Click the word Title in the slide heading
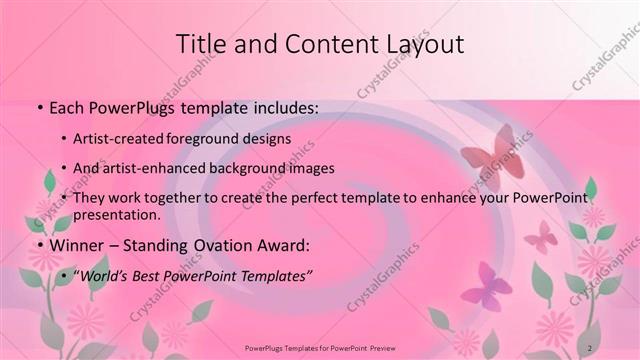201,44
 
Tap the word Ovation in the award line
235,244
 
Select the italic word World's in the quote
103,275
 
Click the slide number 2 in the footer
590,346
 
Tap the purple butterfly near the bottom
484,287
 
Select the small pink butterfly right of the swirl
541,236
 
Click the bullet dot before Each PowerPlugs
38,106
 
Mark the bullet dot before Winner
38,244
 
